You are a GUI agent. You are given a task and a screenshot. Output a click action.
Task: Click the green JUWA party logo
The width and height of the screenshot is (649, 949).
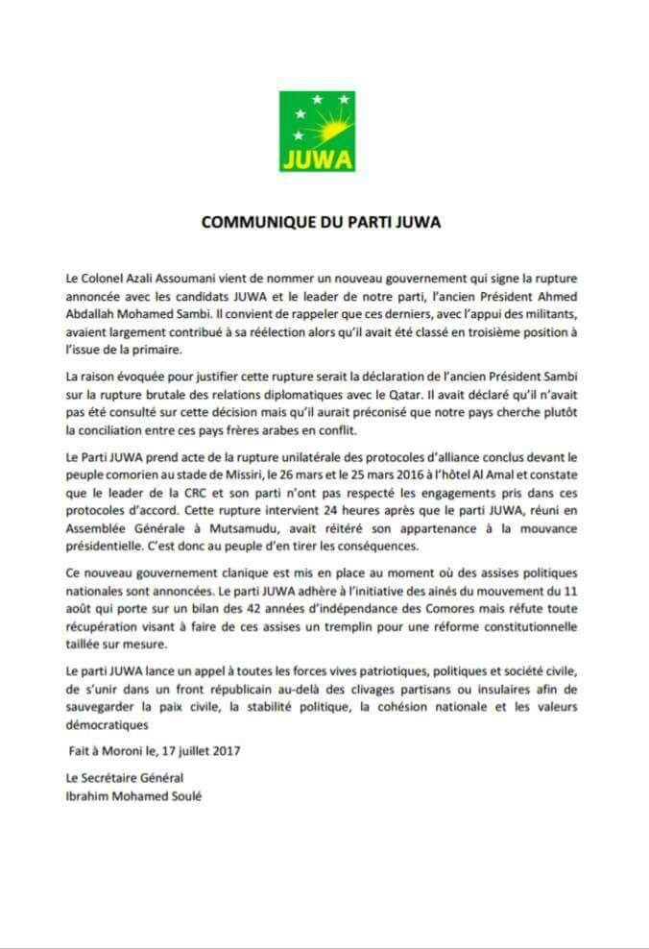[317, 132]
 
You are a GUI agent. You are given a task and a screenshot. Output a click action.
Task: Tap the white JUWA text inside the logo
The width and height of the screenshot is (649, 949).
[317, 157]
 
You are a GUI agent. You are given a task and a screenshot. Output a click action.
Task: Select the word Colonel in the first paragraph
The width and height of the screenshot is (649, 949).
[96, 278]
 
